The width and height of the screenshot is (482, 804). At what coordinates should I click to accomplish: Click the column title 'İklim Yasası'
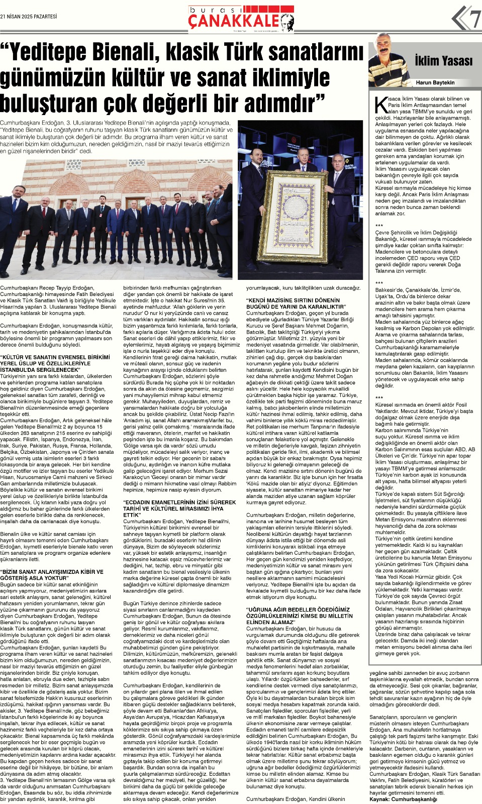(x=443, y=61)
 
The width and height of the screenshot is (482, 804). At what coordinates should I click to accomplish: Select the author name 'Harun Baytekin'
(x=435, y=82)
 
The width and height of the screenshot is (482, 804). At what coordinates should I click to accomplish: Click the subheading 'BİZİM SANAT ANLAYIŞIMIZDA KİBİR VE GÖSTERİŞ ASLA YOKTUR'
(x=52, y=575)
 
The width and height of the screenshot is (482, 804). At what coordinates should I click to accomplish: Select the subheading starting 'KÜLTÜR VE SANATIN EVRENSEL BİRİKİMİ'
(x=55, y=363)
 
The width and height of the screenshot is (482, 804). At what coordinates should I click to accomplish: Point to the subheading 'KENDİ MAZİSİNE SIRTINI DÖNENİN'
(x=295, y=304)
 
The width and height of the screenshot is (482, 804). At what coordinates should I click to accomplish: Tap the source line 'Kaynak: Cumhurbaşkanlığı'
(x=403, y=799)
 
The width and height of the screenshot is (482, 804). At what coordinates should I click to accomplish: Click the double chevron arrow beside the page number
(x=458, y=19)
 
